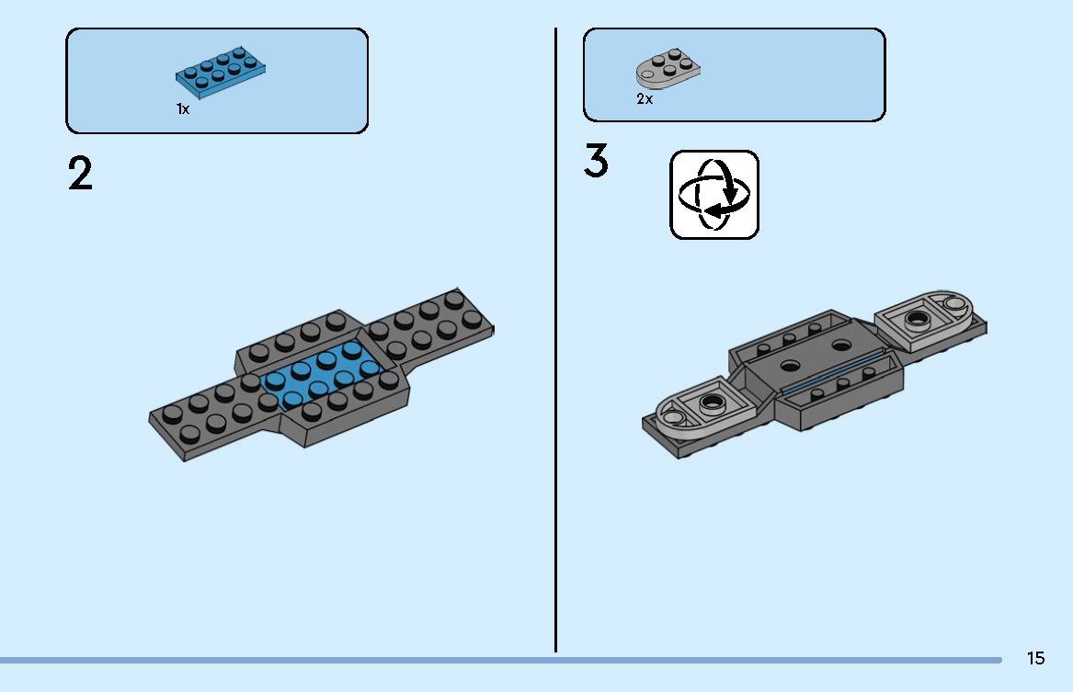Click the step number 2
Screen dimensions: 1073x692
80,174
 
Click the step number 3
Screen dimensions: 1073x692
596,162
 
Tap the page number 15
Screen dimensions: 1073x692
1035,658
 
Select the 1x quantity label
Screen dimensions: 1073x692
183,108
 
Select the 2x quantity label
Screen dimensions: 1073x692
645,98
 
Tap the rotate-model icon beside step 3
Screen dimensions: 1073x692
714,195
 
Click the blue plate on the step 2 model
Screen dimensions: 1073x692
319,375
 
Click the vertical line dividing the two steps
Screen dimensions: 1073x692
555,340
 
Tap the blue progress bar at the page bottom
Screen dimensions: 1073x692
501,660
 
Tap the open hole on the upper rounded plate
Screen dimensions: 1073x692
953,303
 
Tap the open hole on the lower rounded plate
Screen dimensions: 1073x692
673,417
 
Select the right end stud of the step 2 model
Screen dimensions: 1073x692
473,319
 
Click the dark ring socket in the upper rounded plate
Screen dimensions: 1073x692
917,319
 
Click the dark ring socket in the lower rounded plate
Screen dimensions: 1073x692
713,403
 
